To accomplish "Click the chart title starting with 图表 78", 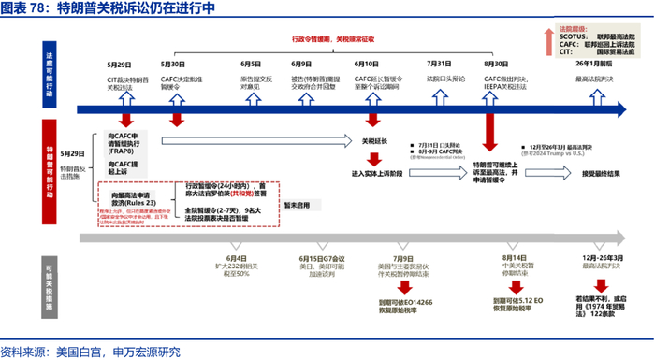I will pos(108,9).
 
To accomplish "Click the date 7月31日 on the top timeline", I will pos(439,63).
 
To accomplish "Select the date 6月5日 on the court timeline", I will pos(250,63).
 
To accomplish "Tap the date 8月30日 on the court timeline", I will pos(495,63).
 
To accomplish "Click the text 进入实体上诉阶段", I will pos(376,173).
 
